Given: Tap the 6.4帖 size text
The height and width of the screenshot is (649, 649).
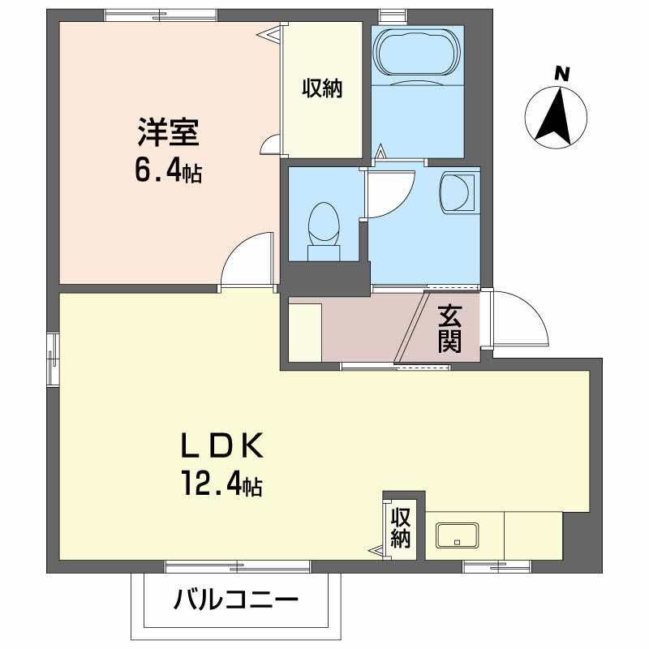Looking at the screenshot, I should [x=168, y=171].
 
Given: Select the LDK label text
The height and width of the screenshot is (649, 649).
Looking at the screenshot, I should [x=220, y=447].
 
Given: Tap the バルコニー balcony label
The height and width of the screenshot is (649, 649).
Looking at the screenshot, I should [x=236, y=601].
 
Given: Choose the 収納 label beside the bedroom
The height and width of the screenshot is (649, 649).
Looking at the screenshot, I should [x=323, y=88].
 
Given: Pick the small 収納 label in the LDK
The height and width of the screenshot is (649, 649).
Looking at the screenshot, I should [x=400, y=528].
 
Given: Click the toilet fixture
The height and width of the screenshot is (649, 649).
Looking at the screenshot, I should [x=324, y=230].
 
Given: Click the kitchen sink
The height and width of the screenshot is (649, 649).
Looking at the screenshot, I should [x=457, y=535].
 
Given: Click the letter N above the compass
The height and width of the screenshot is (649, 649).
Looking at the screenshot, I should [x=561, y=74].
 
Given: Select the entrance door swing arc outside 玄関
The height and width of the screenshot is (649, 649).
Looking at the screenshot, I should [x=519, y=318].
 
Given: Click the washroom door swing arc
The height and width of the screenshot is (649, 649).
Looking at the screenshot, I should [x=392, y=191].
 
